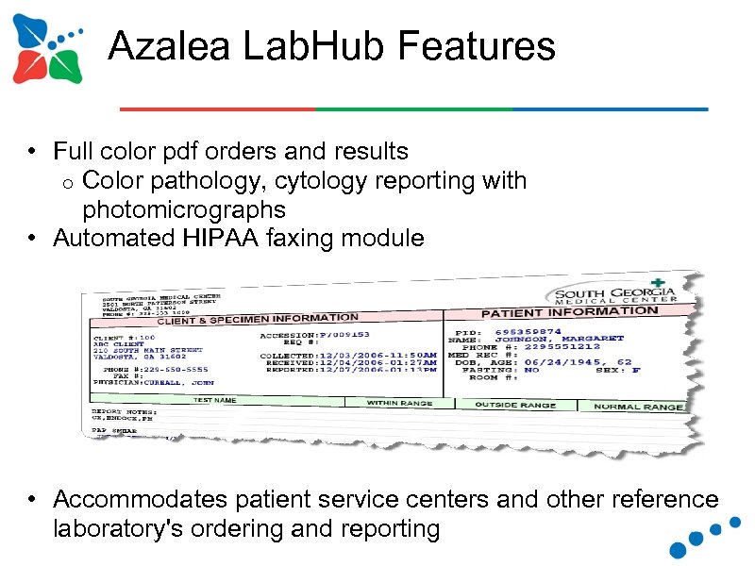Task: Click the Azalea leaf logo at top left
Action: pos(47,49)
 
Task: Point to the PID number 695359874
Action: pos(528,331)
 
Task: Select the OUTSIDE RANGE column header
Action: pos(515,405)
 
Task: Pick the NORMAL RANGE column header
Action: pos(639,407)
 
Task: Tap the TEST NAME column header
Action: pos(214,400)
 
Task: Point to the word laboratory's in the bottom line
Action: pos(121,529)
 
